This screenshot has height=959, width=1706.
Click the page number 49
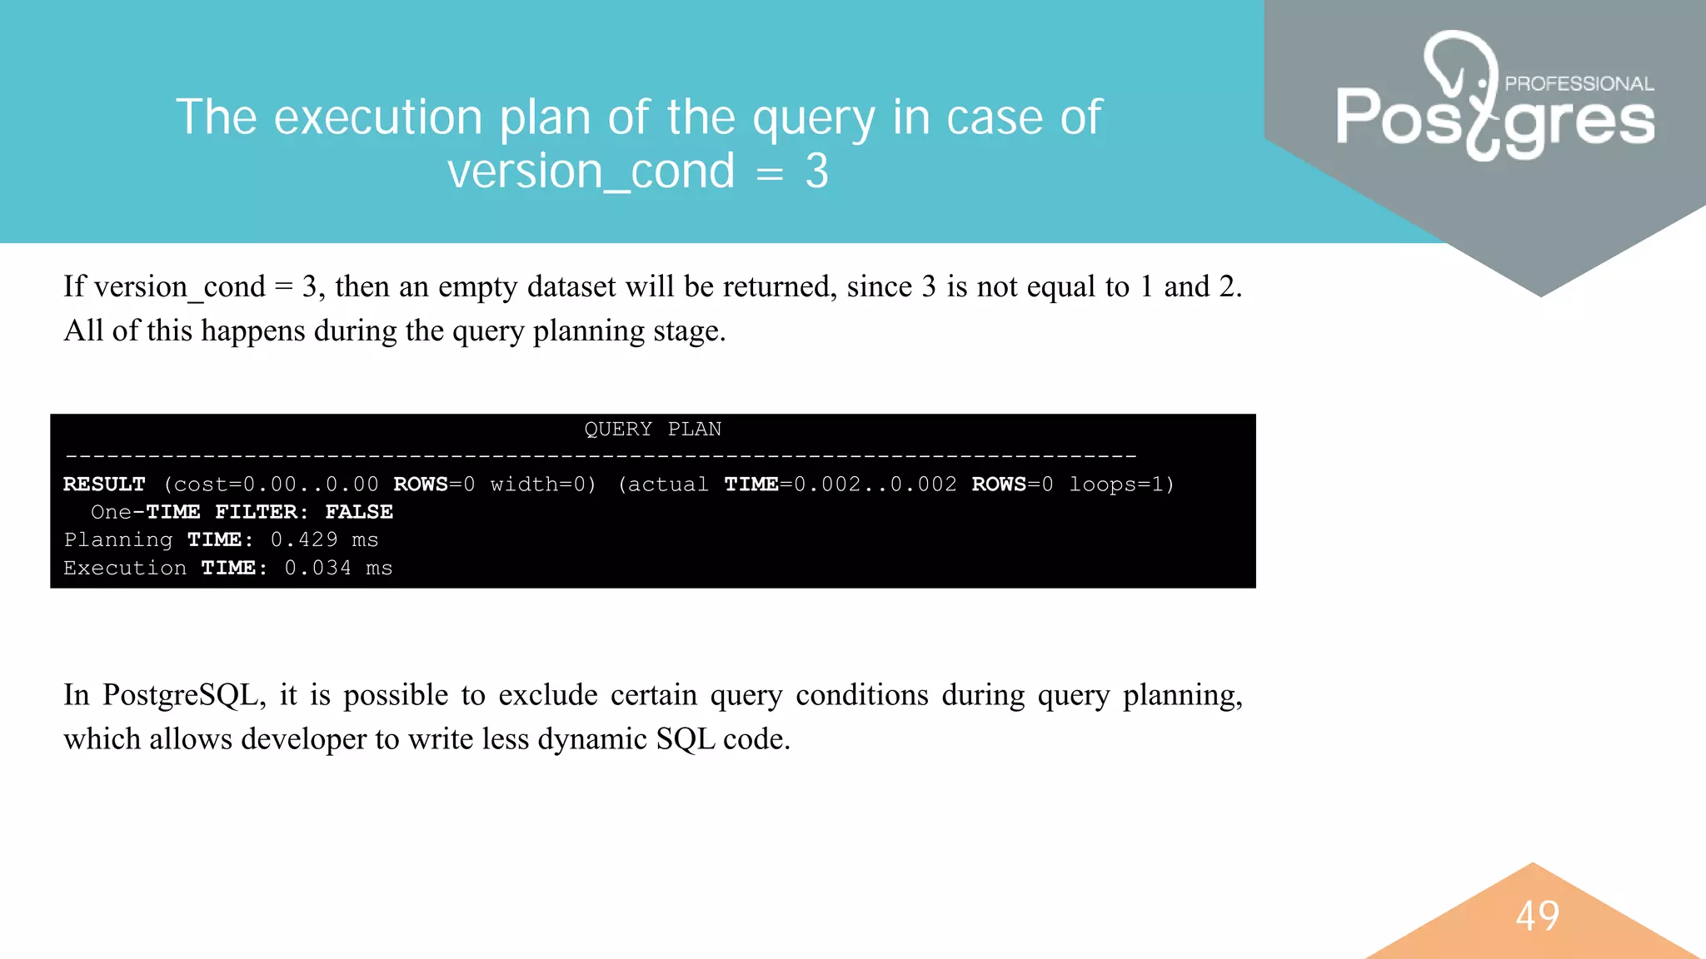click(x=1537, y=916)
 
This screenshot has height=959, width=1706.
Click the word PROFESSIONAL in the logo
click(x=1579, y=83)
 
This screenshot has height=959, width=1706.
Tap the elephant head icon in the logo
click(x=1459, y=67)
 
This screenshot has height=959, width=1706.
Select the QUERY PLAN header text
click(x=652, y=430)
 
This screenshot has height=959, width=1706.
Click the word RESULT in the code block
click(x=104, y=484)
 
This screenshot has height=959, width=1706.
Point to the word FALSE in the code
click(x=358, y=512)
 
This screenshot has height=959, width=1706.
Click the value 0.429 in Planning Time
click(x=304, y=540)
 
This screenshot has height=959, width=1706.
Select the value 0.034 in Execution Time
click(x=317, y=569)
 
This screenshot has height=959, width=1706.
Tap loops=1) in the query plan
click(x=1121, y=484)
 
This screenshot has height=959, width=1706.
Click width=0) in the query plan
click(x=543, y=484)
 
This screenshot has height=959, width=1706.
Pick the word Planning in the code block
click(x=118, y=540)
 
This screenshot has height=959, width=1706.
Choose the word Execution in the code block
click(x=125, y=569)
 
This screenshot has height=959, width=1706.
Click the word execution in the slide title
click(x=378, y=117)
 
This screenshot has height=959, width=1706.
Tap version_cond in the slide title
click(x=591, y=171)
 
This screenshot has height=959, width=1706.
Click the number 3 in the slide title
click(x=816, y=171)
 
